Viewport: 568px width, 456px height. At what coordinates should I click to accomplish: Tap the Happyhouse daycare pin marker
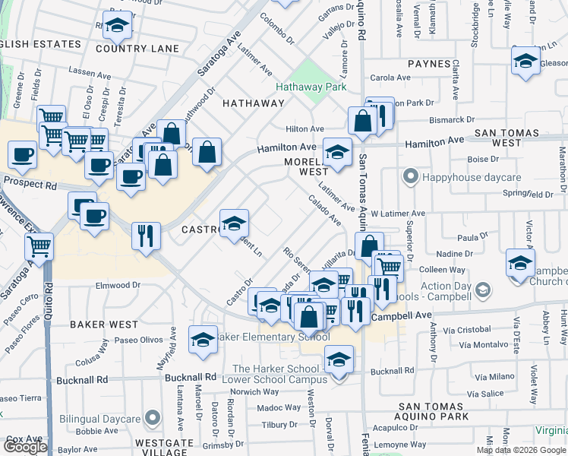click(411, 177)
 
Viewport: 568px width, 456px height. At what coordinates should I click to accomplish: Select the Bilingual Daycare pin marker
click(152, 419)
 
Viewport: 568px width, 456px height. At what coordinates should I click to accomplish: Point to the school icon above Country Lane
click(117, 27)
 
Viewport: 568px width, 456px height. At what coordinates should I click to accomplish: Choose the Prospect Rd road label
click(30, 184)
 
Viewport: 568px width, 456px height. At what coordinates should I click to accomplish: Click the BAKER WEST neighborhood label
click(104, 325)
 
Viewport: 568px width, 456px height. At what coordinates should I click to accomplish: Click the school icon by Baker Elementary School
click(202, 340)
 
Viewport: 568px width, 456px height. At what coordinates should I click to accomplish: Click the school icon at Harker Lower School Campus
click(339, 359)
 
